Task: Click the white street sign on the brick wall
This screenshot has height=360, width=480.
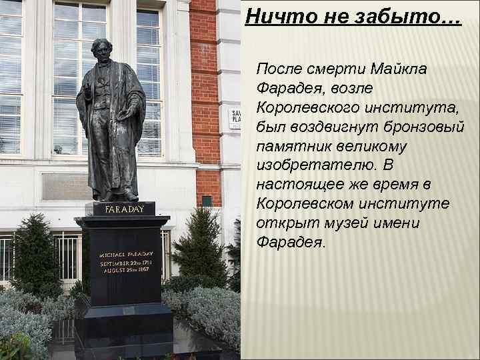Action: point(235,119)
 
